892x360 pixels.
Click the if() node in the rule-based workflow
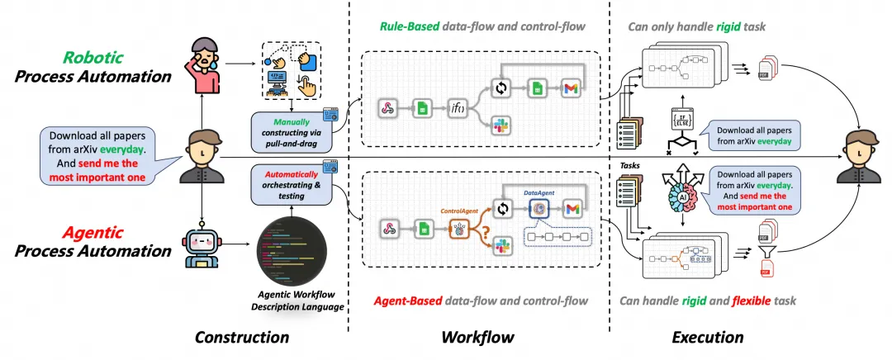coord(458,107)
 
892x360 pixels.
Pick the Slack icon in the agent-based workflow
coord(499,243)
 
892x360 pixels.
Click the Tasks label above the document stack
coord(631,166)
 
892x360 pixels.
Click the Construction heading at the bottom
coord(242,337)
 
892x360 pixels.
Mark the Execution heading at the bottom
coord(708,337)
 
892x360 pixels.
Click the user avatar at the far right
coord(859,153)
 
